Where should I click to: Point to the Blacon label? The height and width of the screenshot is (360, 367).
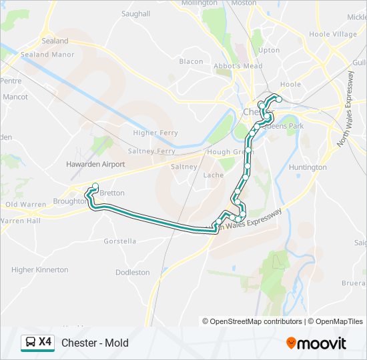(191, 62)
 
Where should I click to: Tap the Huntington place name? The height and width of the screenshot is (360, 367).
(308, 167)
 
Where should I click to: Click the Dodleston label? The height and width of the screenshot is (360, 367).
(133, 273)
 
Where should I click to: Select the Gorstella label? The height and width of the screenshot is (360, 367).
(121, 241)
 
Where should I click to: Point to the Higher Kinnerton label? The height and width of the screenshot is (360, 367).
(40, 270)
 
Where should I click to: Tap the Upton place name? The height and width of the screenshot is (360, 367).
(269, 50)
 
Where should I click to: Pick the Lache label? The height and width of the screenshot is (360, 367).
(214, 175)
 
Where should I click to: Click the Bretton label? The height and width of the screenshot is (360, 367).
(111, 193)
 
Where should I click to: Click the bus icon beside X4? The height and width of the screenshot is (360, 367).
(30, 343)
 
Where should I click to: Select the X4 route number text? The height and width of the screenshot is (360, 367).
(45, 342)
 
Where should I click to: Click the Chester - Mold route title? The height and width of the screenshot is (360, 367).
(95, 343)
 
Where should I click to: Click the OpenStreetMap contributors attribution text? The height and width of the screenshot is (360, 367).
(252, 321)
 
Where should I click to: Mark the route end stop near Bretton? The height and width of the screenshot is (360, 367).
(95, 187)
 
